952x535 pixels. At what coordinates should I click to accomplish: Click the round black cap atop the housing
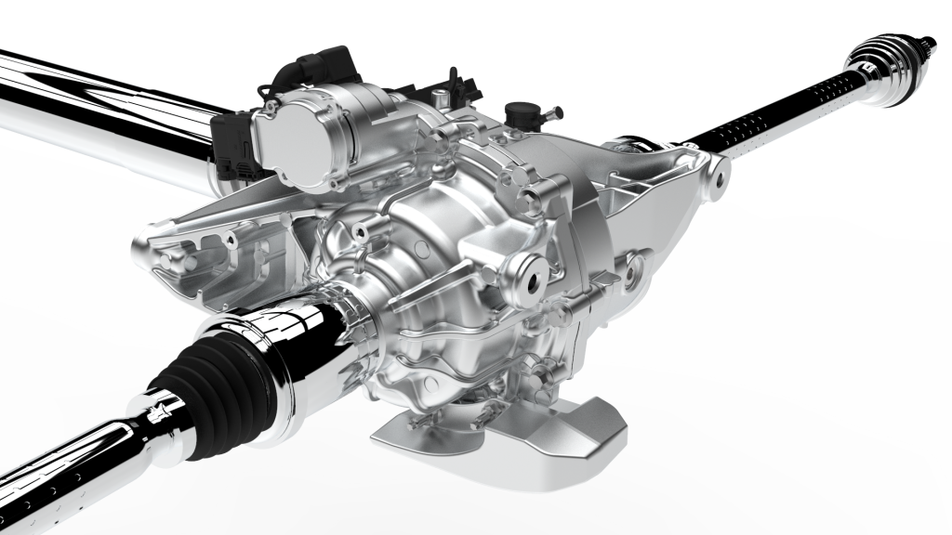(x=518, y=116)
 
